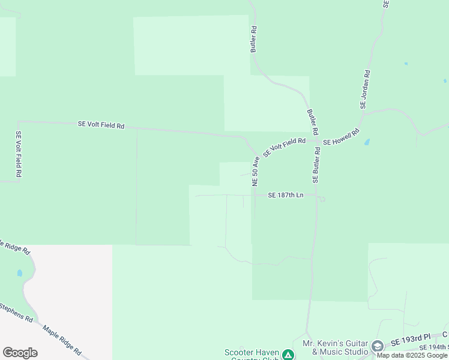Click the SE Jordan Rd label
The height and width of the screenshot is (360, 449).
tap(365, 89)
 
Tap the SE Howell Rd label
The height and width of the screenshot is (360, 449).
tap(341, 137)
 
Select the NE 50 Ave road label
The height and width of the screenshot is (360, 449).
tap(255, 170)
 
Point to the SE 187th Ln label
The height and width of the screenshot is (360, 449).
tap(286, 195)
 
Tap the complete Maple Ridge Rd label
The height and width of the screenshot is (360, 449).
tap(62, 340)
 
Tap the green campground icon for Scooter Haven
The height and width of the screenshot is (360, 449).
tap(288, 355)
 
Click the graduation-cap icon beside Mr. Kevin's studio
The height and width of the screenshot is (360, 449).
tap(377, 346)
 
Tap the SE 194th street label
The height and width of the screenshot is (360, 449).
tap(433, 347)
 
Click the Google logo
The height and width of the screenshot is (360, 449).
tap(20, 353)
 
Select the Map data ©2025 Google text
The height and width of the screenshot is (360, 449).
tap(412, 355)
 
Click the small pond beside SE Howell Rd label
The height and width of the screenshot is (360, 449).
tap(367, 143)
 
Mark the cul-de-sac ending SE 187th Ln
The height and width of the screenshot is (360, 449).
tap(322, 199)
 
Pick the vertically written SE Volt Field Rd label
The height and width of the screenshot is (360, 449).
tap(19, 154)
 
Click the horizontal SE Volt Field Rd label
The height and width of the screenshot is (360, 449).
tap(101, 125)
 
